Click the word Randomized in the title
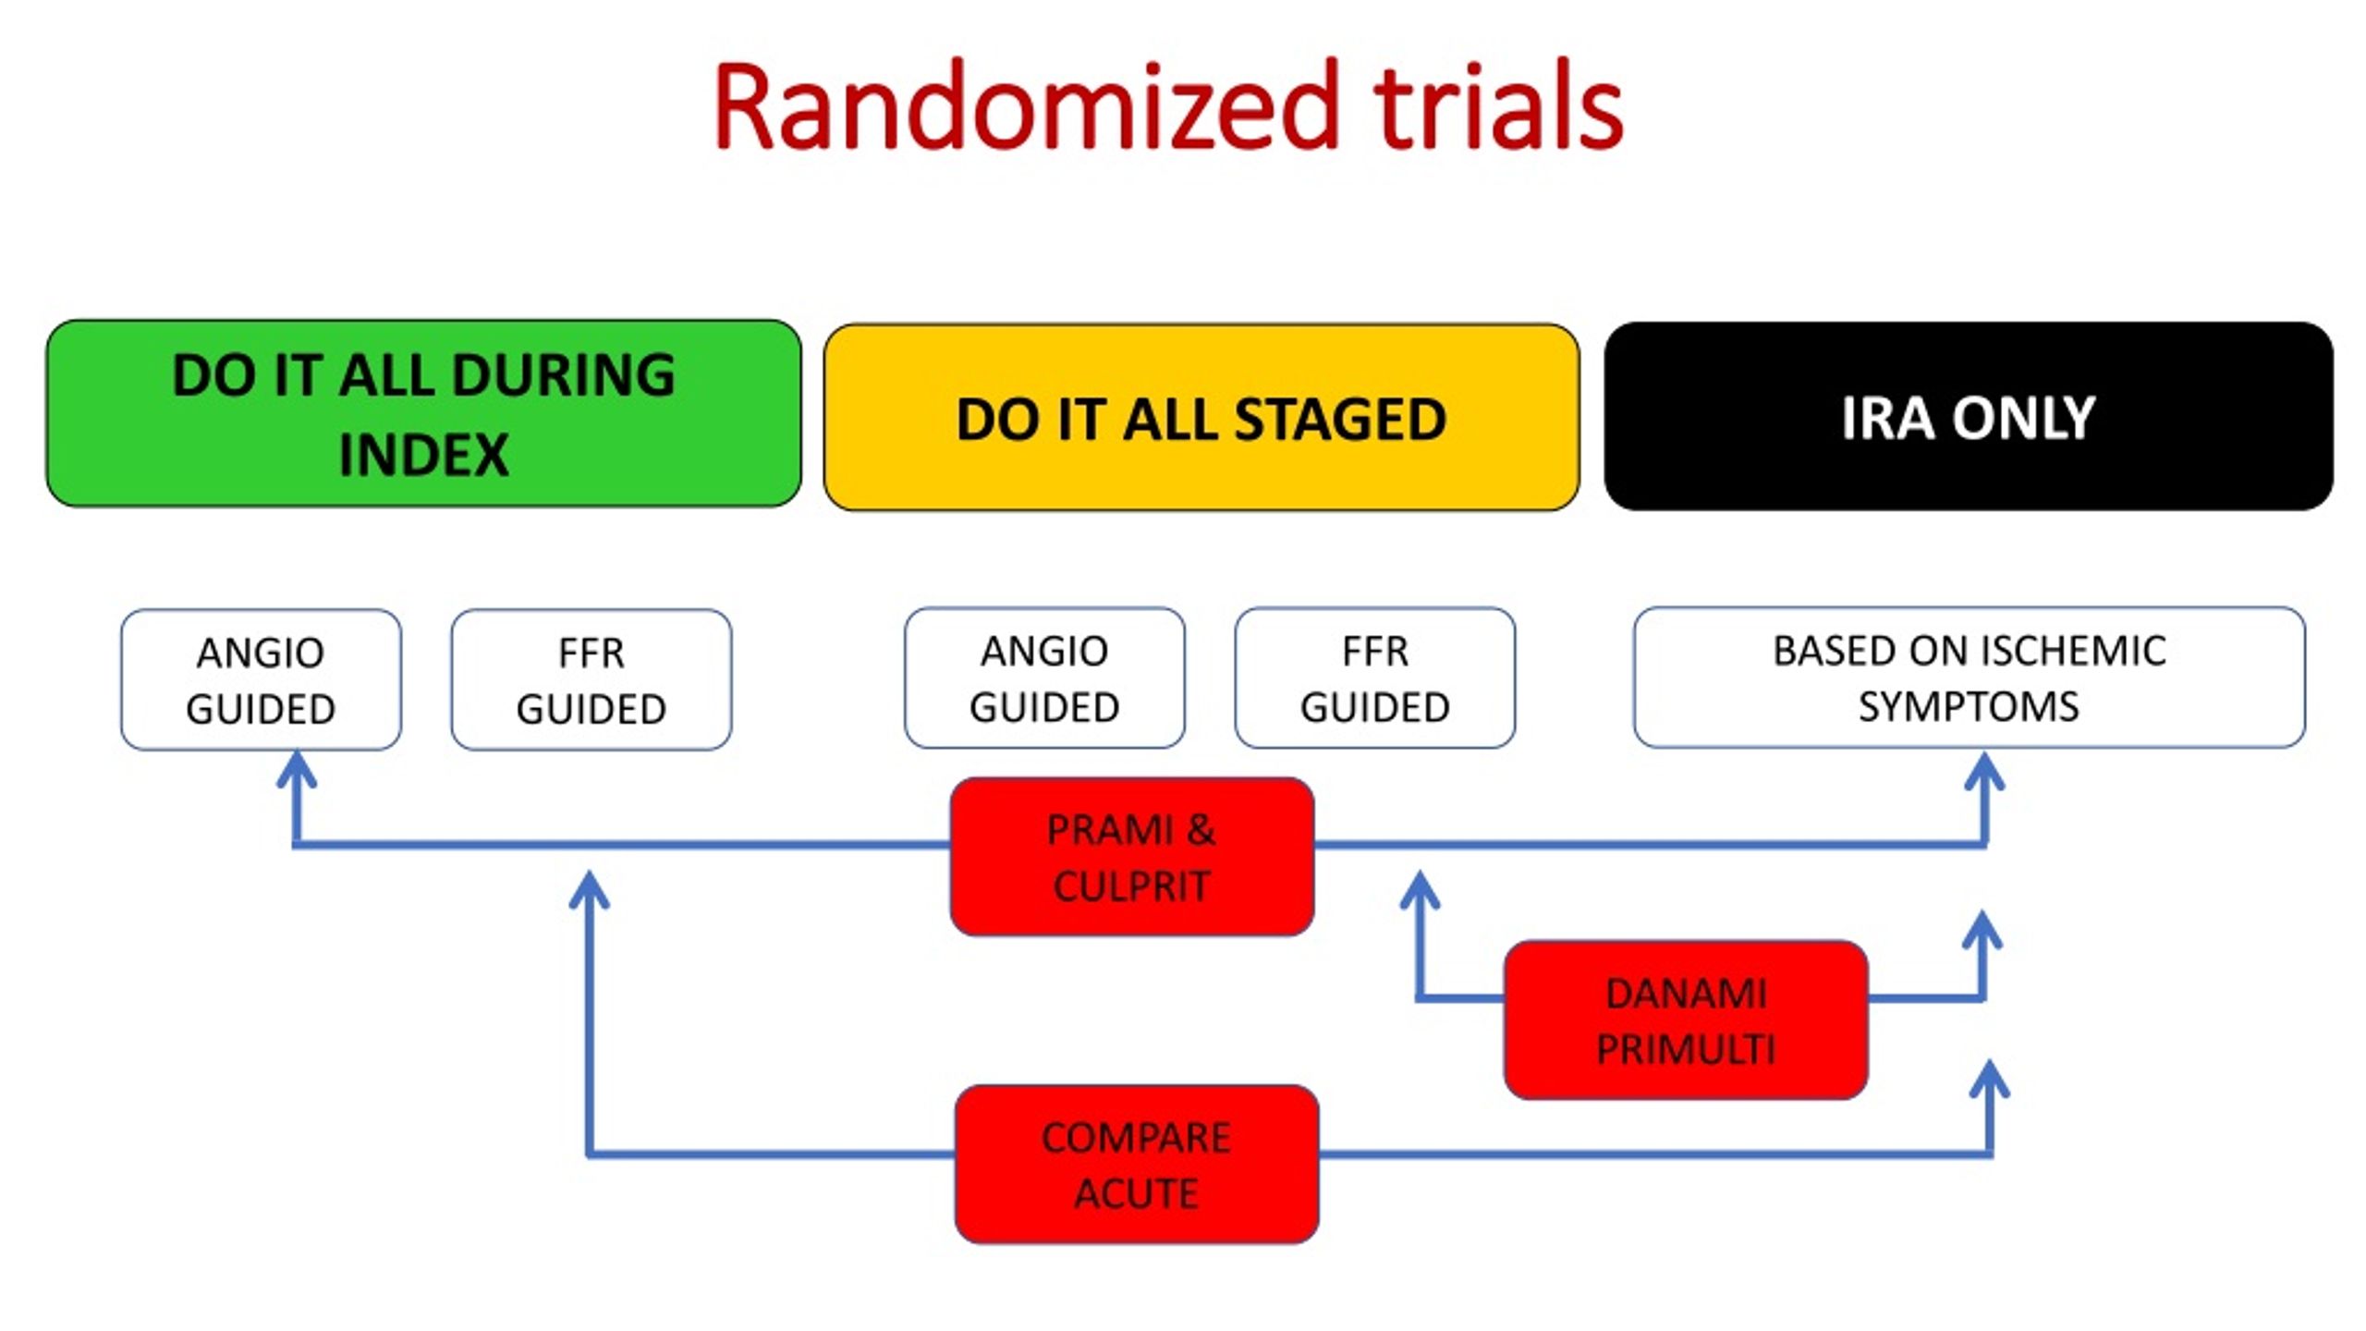click(x=1027, y=106)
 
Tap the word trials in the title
click(x=1498, y=106)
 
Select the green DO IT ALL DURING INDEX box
click(x=424, y=413)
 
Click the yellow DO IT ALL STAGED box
click(x=1201, y=417)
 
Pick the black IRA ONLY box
click(x=1969, y=416)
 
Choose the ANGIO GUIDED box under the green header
click(x=261, y=679)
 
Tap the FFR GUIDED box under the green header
click(x=591, y=679)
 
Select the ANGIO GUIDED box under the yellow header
click(x=1044, y=678)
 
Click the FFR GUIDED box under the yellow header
click(x=1375, y=678)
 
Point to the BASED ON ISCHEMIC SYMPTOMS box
click(x=1970, y=678)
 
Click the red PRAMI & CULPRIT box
click(x=1132, y=857)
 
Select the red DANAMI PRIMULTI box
click(x=1686, y=1020)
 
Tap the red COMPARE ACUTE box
click(x=1137, y=1165)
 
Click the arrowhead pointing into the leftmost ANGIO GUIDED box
click(x=297, y=768)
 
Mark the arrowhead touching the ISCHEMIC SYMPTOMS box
click(x=1984, y=770)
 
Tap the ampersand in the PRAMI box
click(x=1201, y=830)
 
